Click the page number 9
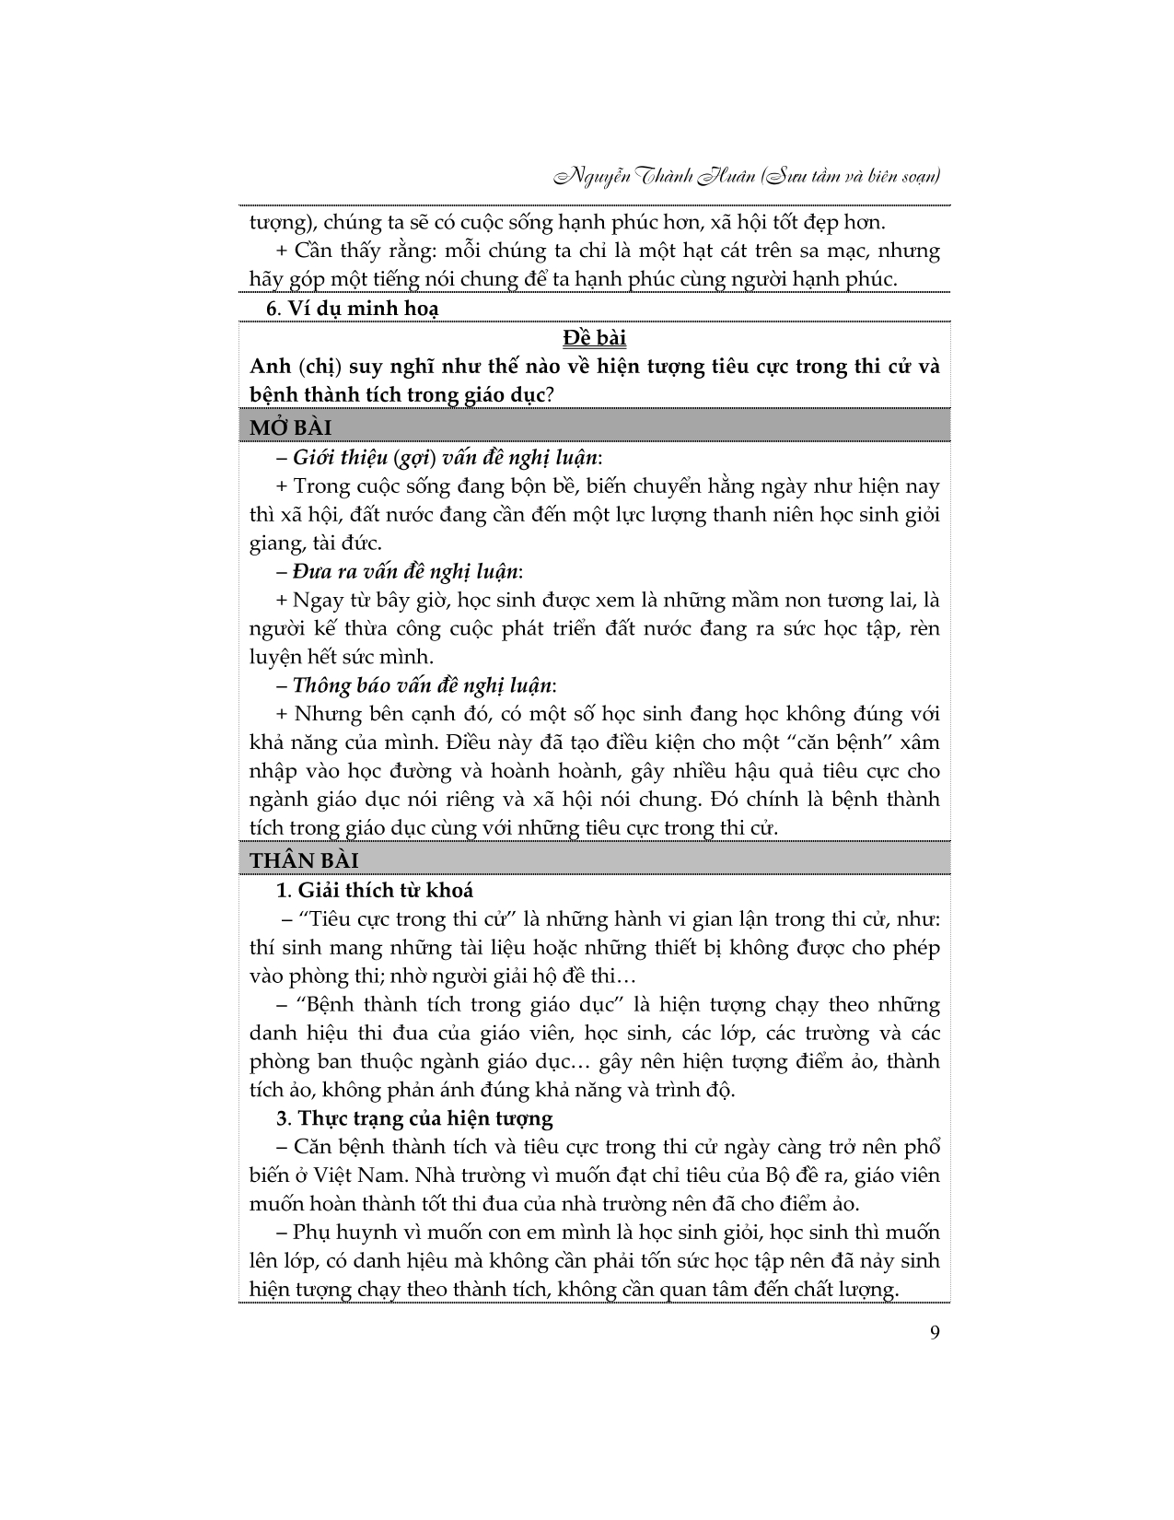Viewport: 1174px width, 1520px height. coord(935,1333)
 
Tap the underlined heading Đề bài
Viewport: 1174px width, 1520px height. coord(595,338)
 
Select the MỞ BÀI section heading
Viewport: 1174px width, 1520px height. coord(291,427)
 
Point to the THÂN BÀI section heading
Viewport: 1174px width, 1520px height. coord(305,860)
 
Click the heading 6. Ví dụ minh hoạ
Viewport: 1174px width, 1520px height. coord(353,309)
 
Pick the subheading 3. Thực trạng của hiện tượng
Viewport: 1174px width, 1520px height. coord(414,1118)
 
